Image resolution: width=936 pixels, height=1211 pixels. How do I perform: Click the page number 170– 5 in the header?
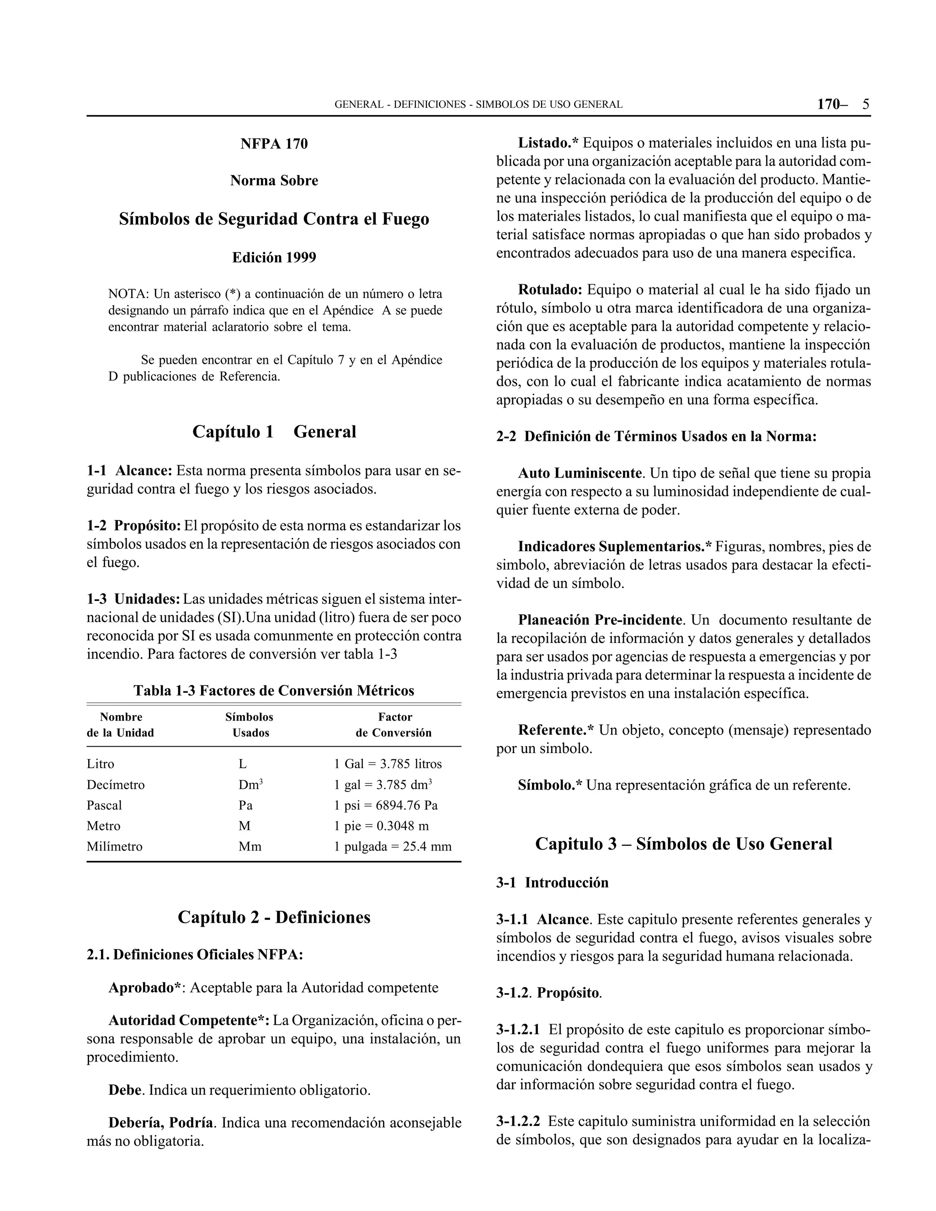click(x=843, y=104)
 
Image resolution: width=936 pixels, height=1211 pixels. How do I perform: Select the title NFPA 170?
click(x=274, y=144)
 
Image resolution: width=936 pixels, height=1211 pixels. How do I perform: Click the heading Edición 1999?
click(x=274, y=257)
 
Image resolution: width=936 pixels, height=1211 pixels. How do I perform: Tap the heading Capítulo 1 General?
click(x=274, y=431)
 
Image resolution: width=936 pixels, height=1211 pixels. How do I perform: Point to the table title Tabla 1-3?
click(x=274, y=690)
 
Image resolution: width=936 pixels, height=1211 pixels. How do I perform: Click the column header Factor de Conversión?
click(x=394, y=725)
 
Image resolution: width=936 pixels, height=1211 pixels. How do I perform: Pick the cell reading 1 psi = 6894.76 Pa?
click(x=386, y=805)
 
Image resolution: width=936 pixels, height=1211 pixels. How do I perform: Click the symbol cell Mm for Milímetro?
click(x=250, y=847)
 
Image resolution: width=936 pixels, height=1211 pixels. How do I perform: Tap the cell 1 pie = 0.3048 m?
click(x=382, y=826)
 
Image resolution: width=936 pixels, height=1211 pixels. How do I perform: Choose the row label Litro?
click(x=101, y=764)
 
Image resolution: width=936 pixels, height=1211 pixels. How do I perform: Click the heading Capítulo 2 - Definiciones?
click(x=274, y=917)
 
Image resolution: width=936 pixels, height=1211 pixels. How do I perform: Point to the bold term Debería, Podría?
click(x=161, y=1123)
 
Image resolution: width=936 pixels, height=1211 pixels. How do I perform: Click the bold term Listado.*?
click(x=548, y=143)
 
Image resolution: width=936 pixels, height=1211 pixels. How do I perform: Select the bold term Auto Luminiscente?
click(x=580, y=473)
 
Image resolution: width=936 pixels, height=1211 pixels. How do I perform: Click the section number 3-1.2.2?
click(x=518, y=1121)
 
